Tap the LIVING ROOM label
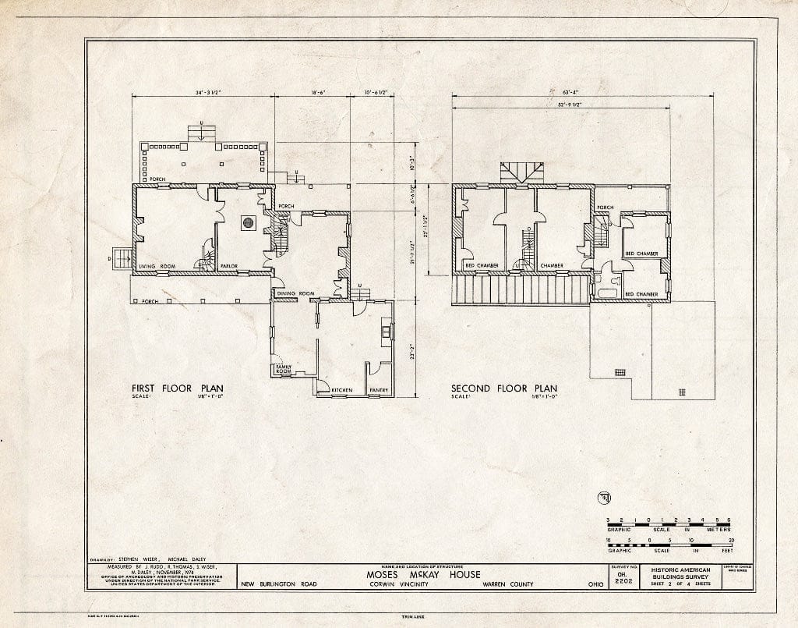pos(158,267)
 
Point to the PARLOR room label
pos(228,267)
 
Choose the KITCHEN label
pos(342,389)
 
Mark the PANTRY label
pos(379,389)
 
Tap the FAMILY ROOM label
pos(282,368)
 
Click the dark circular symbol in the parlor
pos(249,223)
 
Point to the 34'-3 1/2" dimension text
pos(203,92)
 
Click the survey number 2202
pos(615,581)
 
